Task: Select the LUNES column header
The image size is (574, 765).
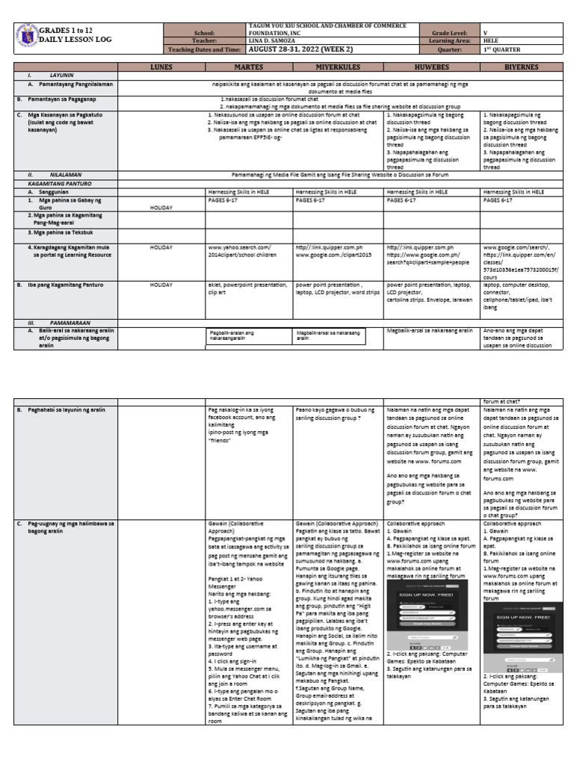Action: [161, 66]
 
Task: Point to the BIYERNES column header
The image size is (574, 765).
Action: [513, 66]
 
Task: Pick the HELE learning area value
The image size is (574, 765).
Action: [491, 42]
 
